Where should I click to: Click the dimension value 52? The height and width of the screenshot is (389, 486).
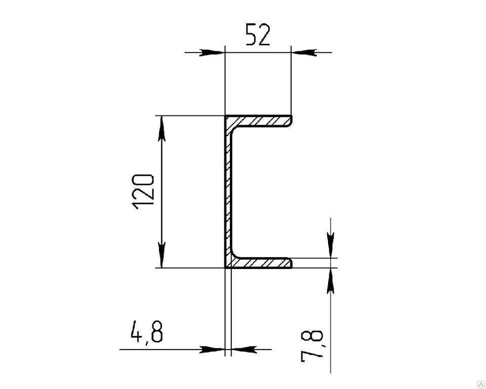tap(258, 34)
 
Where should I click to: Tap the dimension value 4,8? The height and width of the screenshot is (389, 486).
tap(147, 332)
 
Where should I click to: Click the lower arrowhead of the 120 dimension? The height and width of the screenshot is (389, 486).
tap(161, 255)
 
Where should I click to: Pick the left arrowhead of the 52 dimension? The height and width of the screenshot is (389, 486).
tap(212, 53)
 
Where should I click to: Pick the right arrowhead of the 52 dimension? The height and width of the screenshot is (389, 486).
tap(303, 53)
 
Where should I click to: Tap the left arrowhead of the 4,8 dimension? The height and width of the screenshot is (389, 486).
tap(212, 349)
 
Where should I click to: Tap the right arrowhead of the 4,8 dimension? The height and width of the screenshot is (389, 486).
tap(244, 349)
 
